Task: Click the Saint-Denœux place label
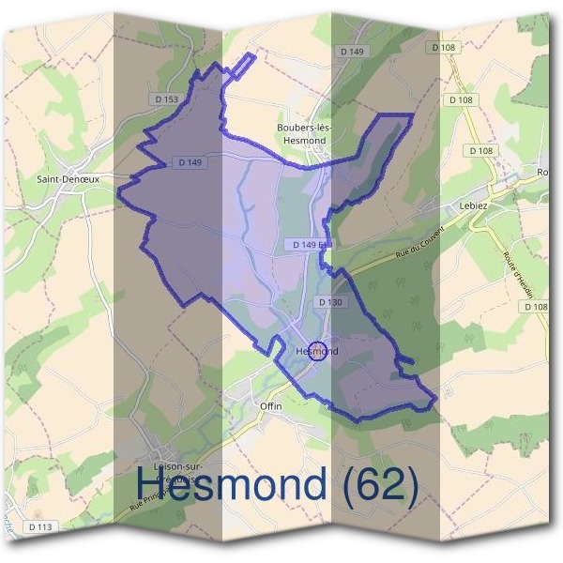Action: point(68,176)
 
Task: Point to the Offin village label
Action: point(270,405)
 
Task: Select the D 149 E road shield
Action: point(308,244)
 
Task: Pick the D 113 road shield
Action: point(39,527)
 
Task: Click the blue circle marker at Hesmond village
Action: point(317,351)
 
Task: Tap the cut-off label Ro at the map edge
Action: point(542,172)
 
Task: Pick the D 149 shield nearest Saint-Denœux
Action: point(190,162)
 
